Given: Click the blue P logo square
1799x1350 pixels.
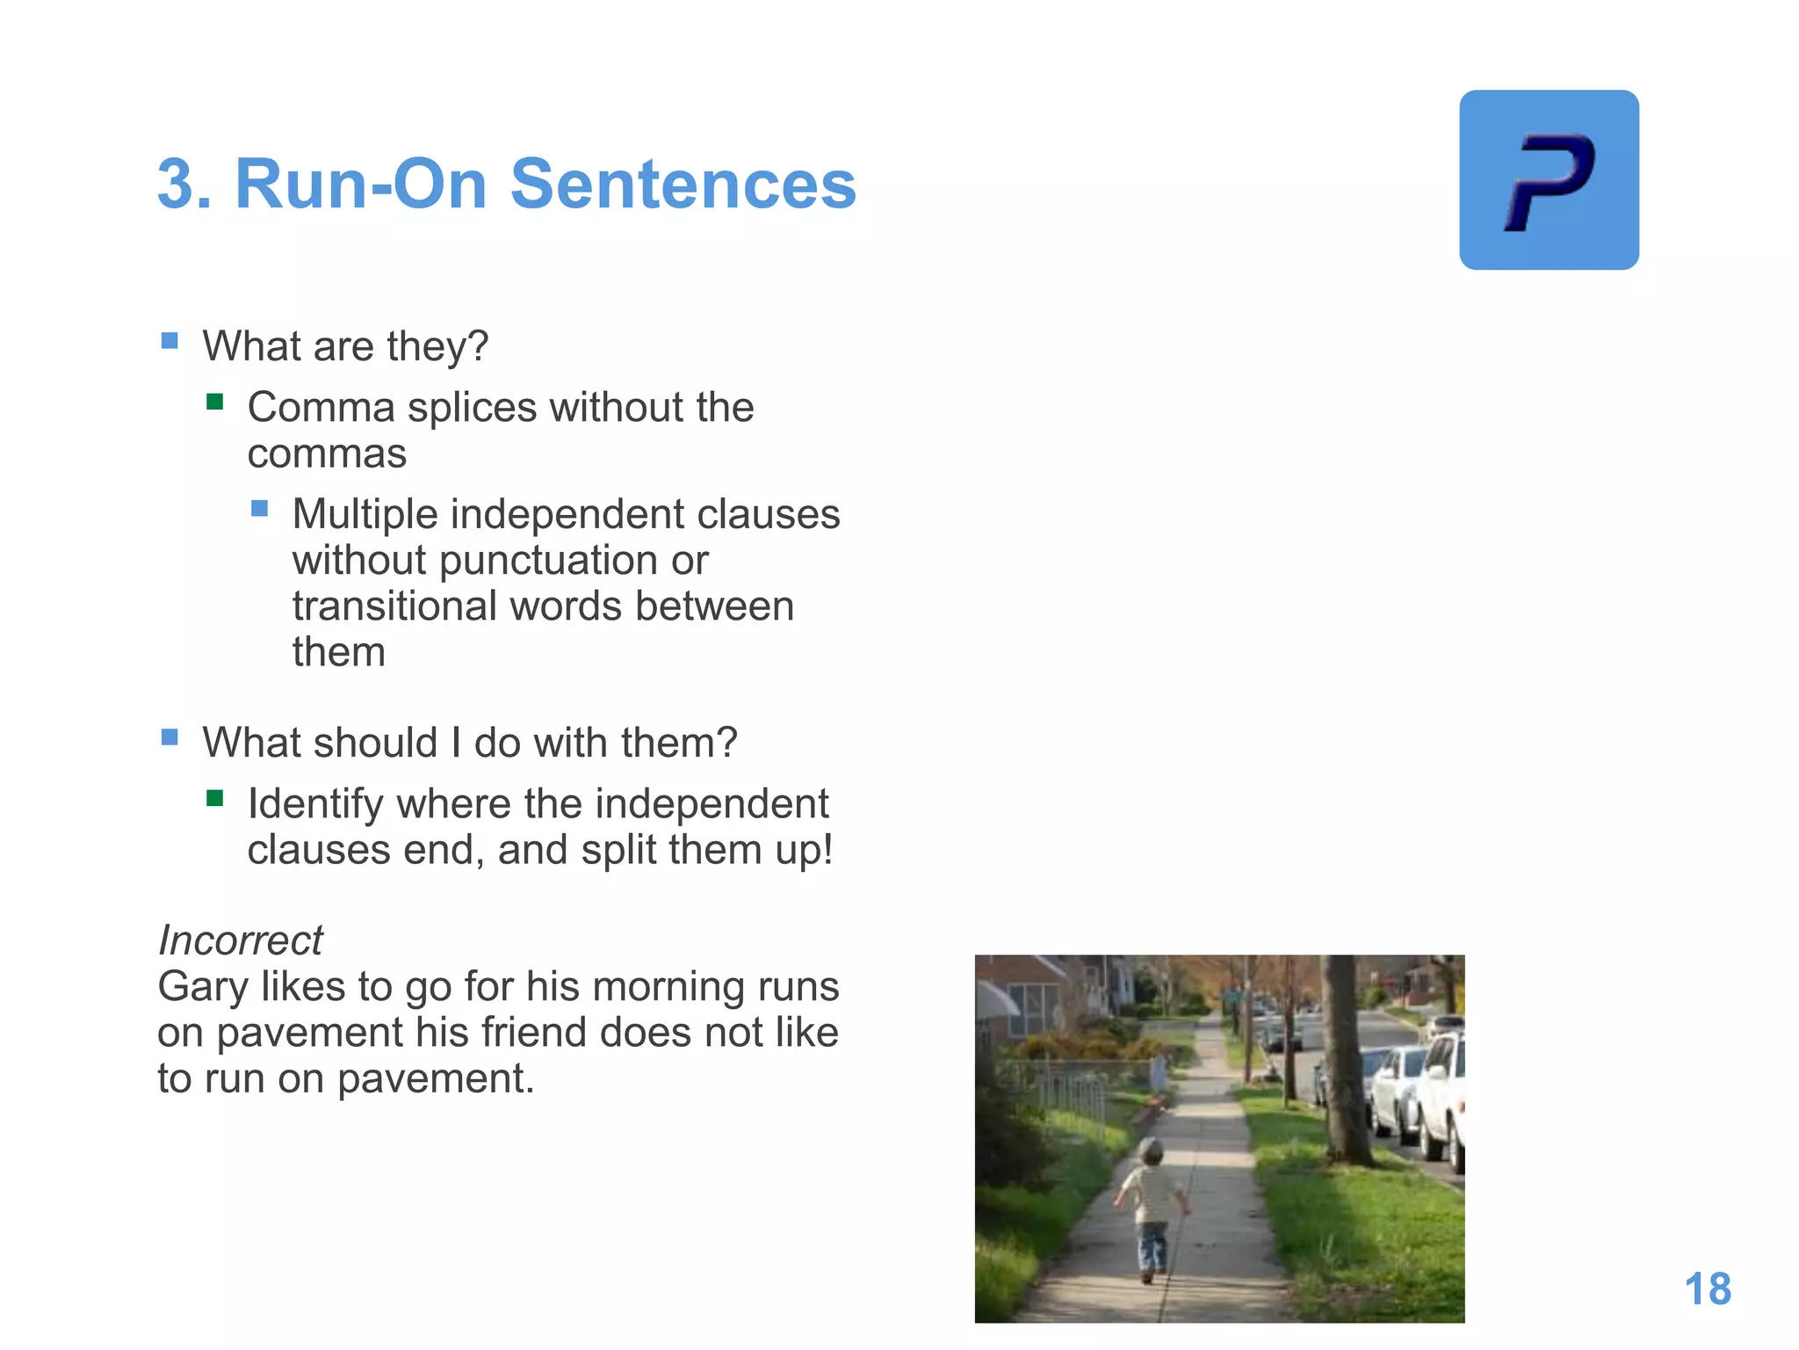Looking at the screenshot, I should point(1549,180).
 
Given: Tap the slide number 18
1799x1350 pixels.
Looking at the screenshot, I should point(1708,1289).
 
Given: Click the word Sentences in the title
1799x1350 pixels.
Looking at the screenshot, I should point(683,185).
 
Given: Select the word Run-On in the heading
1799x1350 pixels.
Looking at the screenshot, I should point(360,185).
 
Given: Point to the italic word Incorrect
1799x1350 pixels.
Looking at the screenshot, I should point(240,940).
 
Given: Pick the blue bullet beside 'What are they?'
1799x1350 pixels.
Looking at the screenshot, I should point(170,341).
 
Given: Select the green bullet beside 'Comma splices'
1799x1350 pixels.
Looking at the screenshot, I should point(215,403).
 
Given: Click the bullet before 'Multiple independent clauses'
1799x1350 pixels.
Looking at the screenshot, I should point(260,509).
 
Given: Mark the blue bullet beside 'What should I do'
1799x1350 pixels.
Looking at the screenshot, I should point(170,737).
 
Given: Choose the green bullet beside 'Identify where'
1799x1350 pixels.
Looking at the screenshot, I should point(215,799).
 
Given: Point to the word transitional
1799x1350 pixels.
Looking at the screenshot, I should point(394,606).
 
